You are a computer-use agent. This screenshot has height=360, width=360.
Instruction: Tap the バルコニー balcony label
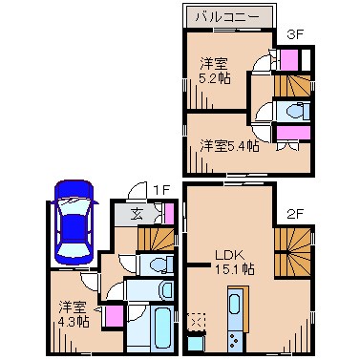(x=229, y=16)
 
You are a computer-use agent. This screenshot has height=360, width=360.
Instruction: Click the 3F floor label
(x=295, y=35)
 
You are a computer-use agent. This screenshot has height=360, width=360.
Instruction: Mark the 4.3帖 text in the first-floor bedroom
(x=72, y=322)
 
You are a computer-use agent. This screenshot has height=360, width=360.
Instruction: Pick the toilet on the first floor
(x=158, y=262)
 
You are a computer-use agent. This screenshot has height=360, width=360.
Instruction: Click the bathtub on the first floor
(x=152, y=327)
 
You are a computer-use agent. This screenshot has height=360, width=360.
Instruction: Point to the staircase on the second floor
(x=293, y=247)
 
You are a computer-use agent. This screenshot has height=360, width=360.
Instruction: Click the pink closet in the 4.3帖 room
(x=111, y=314)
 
